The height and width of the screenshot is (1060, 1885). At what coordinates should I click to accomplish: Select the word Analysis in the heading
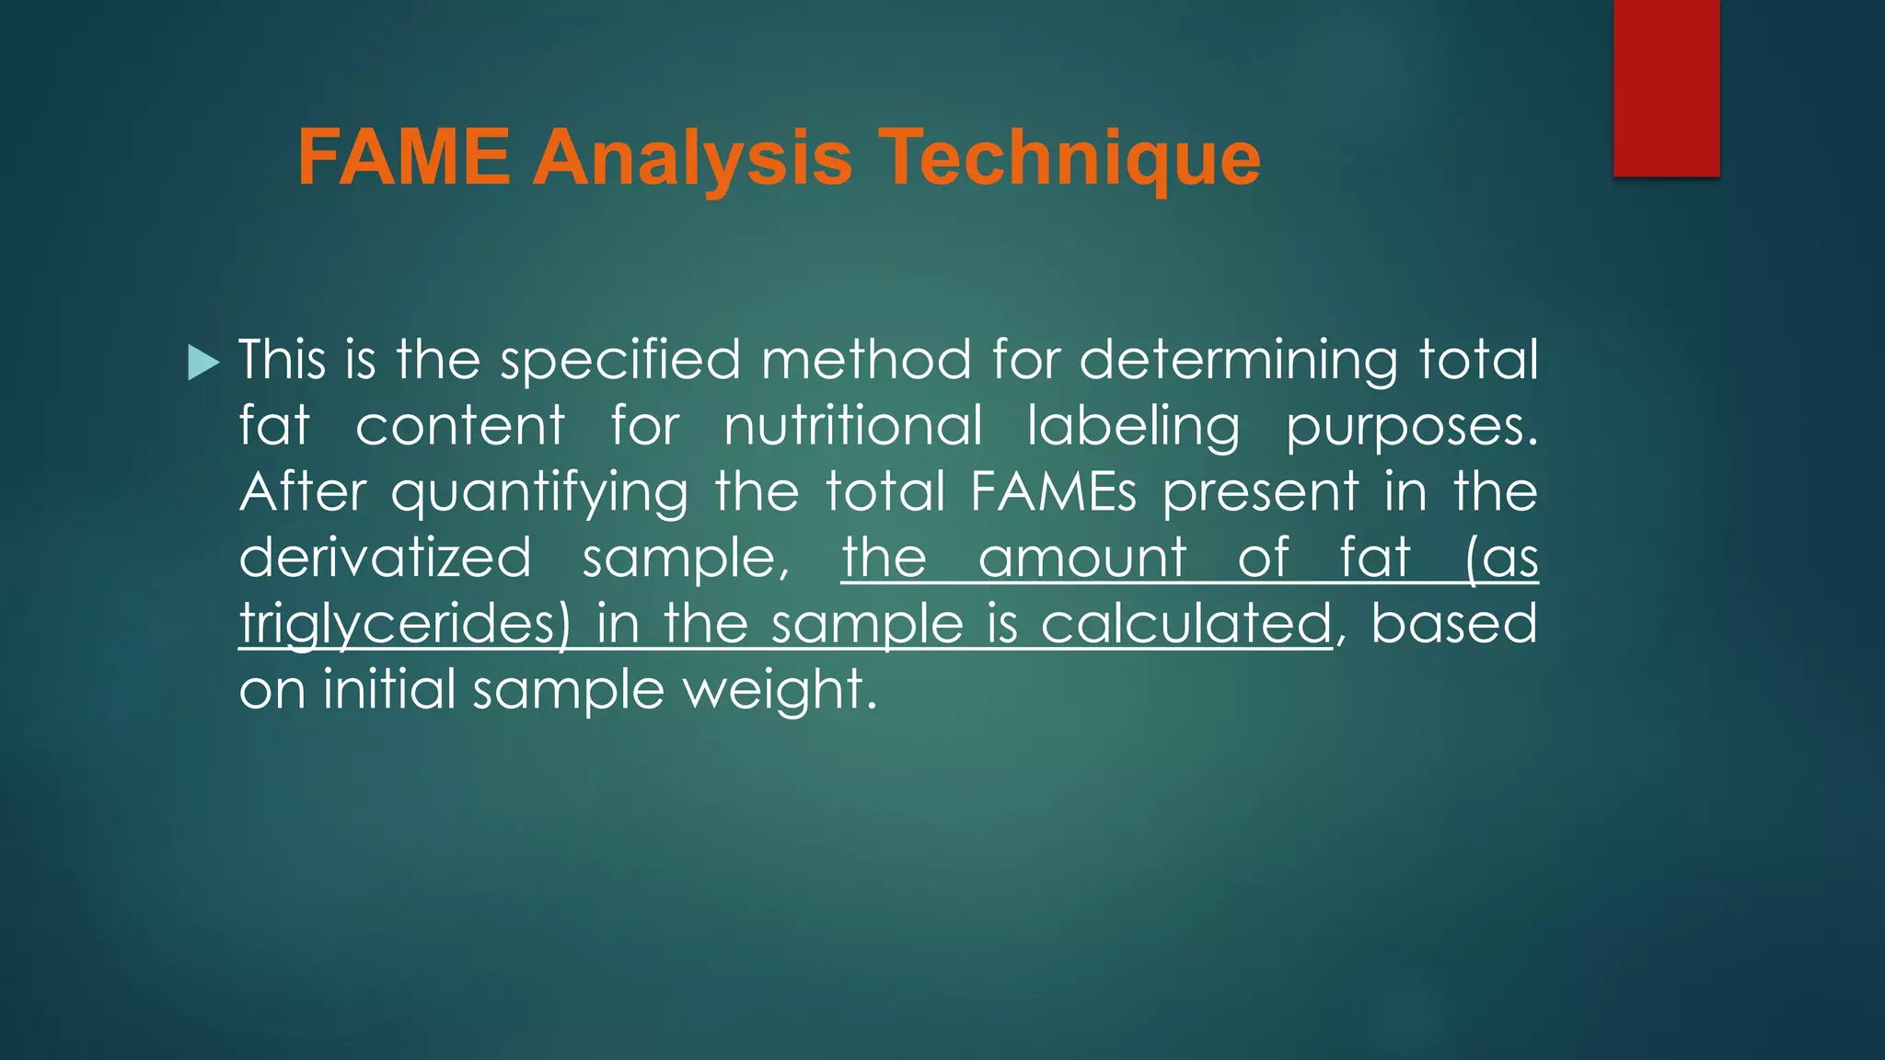(x=693, y=158)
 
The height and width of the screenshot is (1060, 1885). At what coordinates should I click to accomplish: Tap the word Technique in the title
(x=1070, y=158)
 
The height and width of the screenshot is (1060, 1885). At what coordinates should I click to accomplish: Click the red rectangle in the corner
(x=1666, y=87)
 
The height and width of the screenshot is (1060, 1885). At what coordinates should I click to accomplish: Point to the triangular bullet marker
(x=203, y=362)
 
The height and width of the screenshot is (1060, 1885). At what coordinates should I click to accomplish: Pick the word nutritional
(x=853, y=426)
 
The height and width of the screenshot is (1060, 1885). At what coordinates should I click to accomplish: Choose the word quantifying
(x=539, y=493)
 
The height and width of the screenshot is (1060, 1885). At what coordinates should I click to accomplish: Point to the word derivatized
(x=385, y=558)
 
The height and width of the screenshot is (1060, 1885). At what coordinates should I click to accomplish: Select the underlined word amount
(x=1082, y=558)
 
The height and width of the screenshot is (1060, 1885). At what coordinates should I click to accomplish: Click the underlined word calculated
(x=1185, y=624)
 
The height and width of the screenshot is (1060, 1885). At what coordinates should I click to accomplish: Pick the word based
(x=1454, y=624)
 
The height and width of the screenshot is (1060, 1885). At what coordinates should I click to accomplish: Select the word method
(x=865, y=360)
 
